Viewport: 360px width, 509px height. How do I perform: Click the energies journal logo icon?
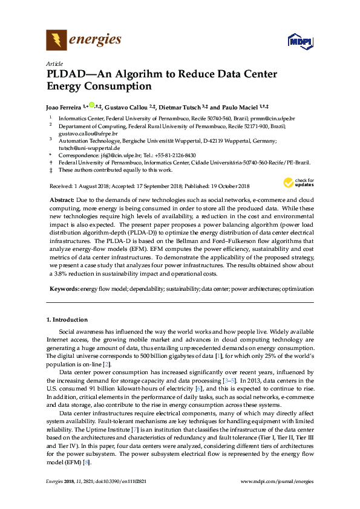coord(56,41)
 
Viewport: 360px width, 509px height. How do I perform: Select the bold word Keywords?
coord(63,289)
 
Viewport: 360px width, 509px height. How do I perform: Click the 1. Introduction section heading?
coord(67,320)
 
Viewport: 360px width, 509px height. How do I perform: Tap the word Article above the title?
coord(54,63)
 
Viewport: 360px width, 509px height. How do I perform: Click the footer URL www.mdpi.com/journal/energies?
coord(277,497)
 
